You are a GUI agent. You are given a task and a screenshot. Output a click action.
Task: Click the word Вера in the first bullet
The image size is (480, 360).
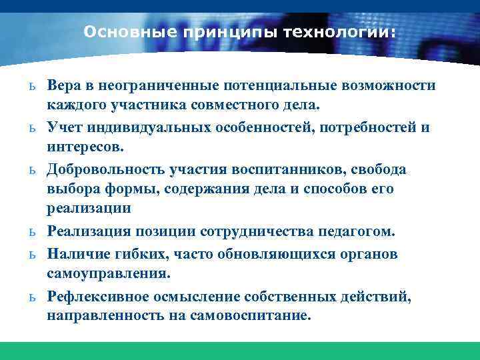[65, 86]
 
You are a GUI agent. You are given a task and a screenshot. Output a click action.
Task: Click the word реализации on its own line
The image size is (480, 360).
[89, 207]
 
